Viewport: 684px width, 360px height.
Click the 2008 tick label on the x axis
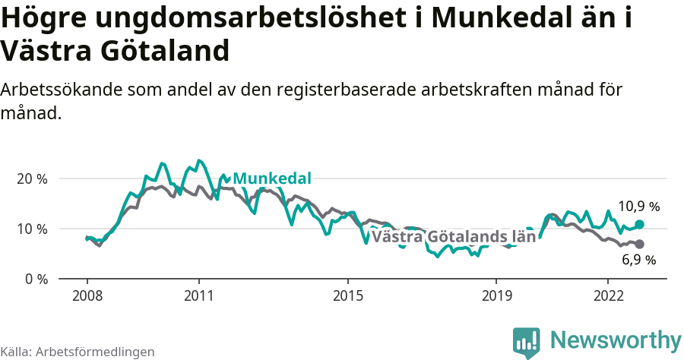[87, 295]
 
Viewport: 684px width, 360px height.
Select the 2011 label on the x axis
[198, 295]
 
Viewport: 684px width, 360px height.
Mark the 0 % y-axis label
[36, 279]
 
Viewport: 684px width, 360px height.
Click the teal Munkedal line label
[272, 178]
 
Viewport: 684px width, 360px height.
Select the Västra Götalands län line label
[454, 236]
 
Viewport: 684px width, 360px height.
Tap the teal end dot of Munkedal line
[639, 224]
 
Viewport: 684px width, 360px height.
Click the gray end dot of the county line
[639, 244]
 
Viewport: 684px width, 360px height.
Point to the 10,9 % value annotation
[638, 206]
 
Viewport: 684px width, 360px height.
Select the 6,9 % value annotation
[638, 260]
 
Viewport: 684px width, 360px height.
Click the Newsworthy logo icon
[526, 342]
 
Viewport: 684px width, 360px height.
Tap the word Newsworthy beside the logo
[616, 339]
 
